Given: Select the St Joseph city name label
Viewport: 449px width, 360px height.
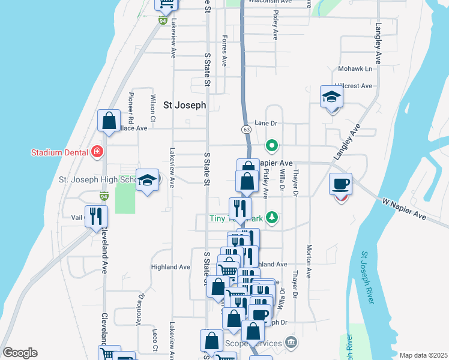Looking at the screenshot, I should pos(185,105).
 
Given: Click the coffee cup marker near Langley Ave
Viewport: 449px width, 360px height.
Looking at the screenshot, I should pos(341,184).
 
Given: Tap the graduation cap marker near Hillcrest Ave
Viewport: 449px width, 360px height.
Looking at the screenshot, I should pos(331,97).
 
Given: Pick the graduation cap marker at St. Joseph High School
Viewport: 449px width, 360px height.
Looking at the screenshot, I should pos(146,181).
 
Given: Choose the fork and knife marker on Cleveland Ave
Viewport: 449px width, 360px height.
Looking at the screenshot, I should pos(96,217).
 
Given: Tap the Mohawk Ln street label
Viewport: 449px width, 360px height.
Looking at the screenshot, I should pos(355,69).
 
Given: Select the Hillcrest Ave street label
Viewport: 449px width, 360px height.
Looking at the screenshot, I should pos(354,86).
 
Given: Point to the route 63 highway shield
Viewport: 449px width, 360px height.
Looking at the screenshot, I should pos(246,129).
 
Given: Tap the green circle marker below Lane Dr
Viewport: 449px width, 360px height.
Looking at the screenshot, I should pos(272,145).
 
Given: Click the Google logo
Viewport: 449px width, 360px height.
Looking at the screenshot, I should pos(20,353).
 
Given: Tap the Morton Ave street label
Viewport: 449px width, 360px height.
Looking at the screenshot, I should pos(309,262).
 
